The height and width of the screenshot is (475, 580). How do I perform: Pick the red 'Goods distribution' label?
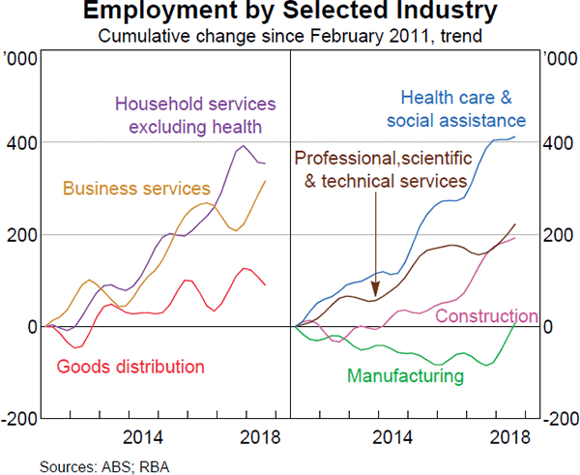coord(130,367)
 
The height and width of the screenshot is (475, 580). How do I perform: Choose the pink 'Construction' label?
coord(486,316)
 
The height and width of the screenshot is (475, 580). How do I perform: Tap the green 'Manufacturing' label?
coord(406,375)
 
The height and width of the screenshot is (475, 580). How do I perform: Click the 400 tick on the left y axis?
coord(21,143)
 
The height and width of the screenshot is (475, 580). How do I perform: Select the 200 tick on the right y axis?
coord(558,235)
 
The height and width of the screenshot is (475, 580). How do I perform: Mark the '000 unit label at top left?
coord(22,58)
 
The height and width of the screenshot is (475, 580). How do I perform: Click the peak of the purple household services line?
coord(243,146)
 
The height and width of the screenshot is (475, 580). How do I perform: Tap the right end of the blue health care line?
coord(515,136)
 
